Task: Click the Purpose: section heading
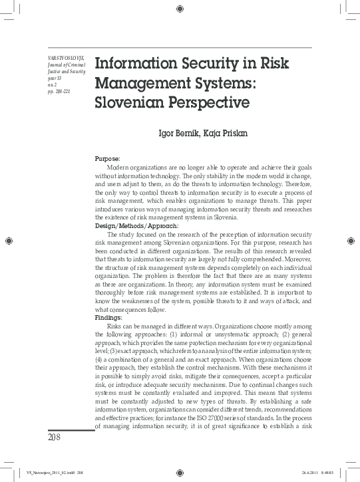107,159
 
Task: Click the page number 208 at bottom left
55,437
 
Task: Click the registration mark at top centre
180,9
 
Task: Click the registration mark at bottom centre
180,473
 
